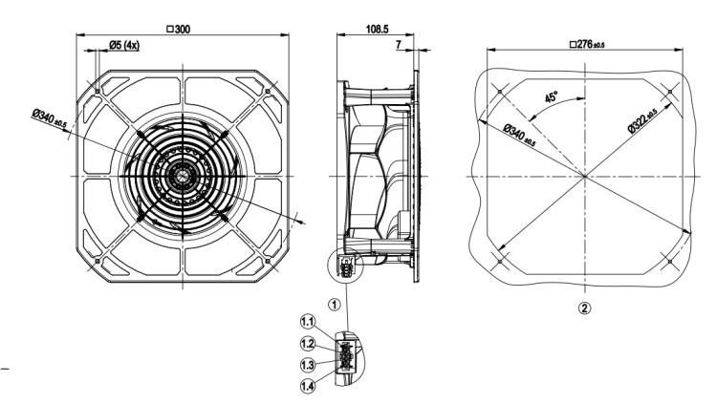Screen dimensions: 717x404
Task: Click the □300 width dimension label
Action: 178,30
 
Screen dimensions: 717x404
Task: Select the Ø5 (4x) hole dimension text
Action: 124,45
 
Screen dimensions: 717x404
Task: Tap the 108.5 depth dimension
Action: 378,30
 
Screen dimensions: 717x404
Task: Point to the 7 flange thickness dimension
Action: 399,44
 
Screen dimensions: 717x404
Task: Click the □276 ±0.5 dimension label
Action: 587,44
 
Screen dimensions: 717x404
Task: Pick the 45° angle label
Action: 552,97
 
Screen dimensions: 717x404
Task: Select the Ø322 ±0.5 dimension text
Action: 642,121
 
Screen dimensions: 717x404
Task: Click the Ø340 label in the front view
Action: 50,117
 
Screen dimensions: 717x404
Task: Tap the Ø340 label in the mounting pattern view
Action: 519,136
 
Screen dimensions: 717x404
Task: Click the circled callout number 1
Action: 335,304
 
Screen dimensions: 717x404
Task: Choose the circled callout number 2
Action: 584,308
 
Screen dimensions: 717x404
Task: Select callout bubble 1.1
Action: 308,322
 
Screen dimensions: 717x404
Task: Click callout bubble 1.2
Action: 308,343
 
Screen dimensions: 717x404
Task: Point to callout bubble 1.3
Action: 308,365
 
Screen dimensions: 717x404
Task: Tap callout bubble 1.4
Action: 308,386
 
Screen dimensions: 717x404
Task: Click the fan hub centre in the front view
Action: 183,176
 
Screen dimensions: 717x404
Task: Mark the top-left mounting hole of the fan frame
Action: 98,91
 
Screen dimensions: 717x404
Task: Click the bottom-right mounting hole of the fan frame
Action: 268,261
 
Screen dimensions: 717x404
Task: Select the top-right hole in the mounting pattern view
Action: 670,92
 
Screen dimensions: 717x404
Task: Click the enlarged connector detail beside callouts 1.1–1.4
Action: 349,359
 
